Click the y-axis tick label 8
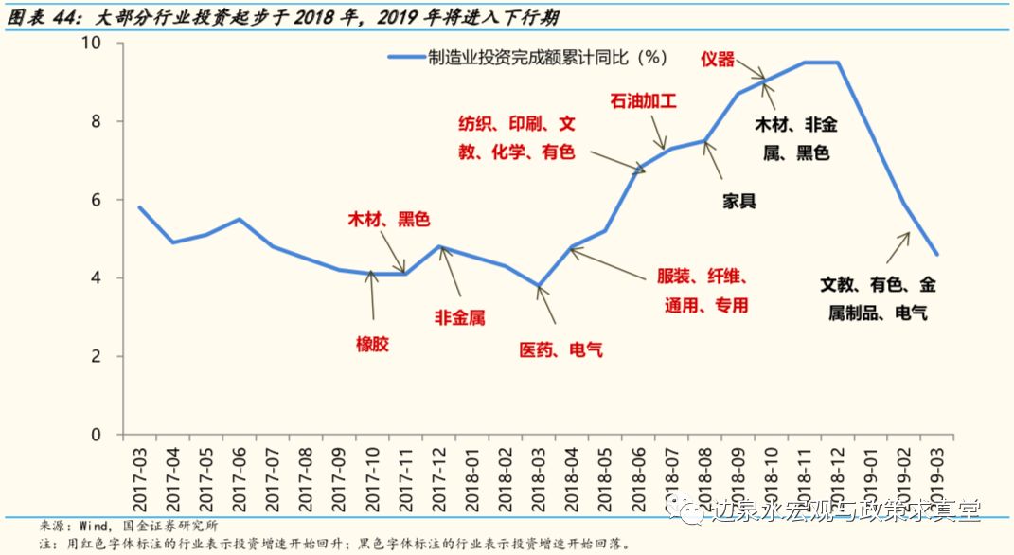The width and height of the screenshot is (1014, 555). tap(95, 122)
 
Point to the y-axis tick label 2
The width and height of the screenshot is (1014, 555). tap(95, 357)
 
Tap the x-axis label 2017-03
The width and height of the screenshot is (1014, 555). tap(139, 478)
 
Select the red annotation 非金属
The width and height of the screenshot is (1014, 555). tap(459, 318)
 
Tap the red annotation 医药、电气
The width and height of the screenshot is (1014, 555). tap(560, 350)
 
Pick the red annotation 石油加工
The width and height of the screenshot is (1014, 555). tap(643, 100)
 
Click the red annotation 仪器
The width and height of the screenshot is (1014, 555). tap(717, 60)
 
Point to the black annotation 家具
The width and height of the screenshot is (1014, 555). tap(738, 201)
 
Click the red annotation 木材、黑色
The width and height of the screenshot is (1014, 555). tap(387, 220)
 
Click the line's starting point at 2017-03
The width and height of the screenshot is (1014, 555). tap(139, 207)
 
